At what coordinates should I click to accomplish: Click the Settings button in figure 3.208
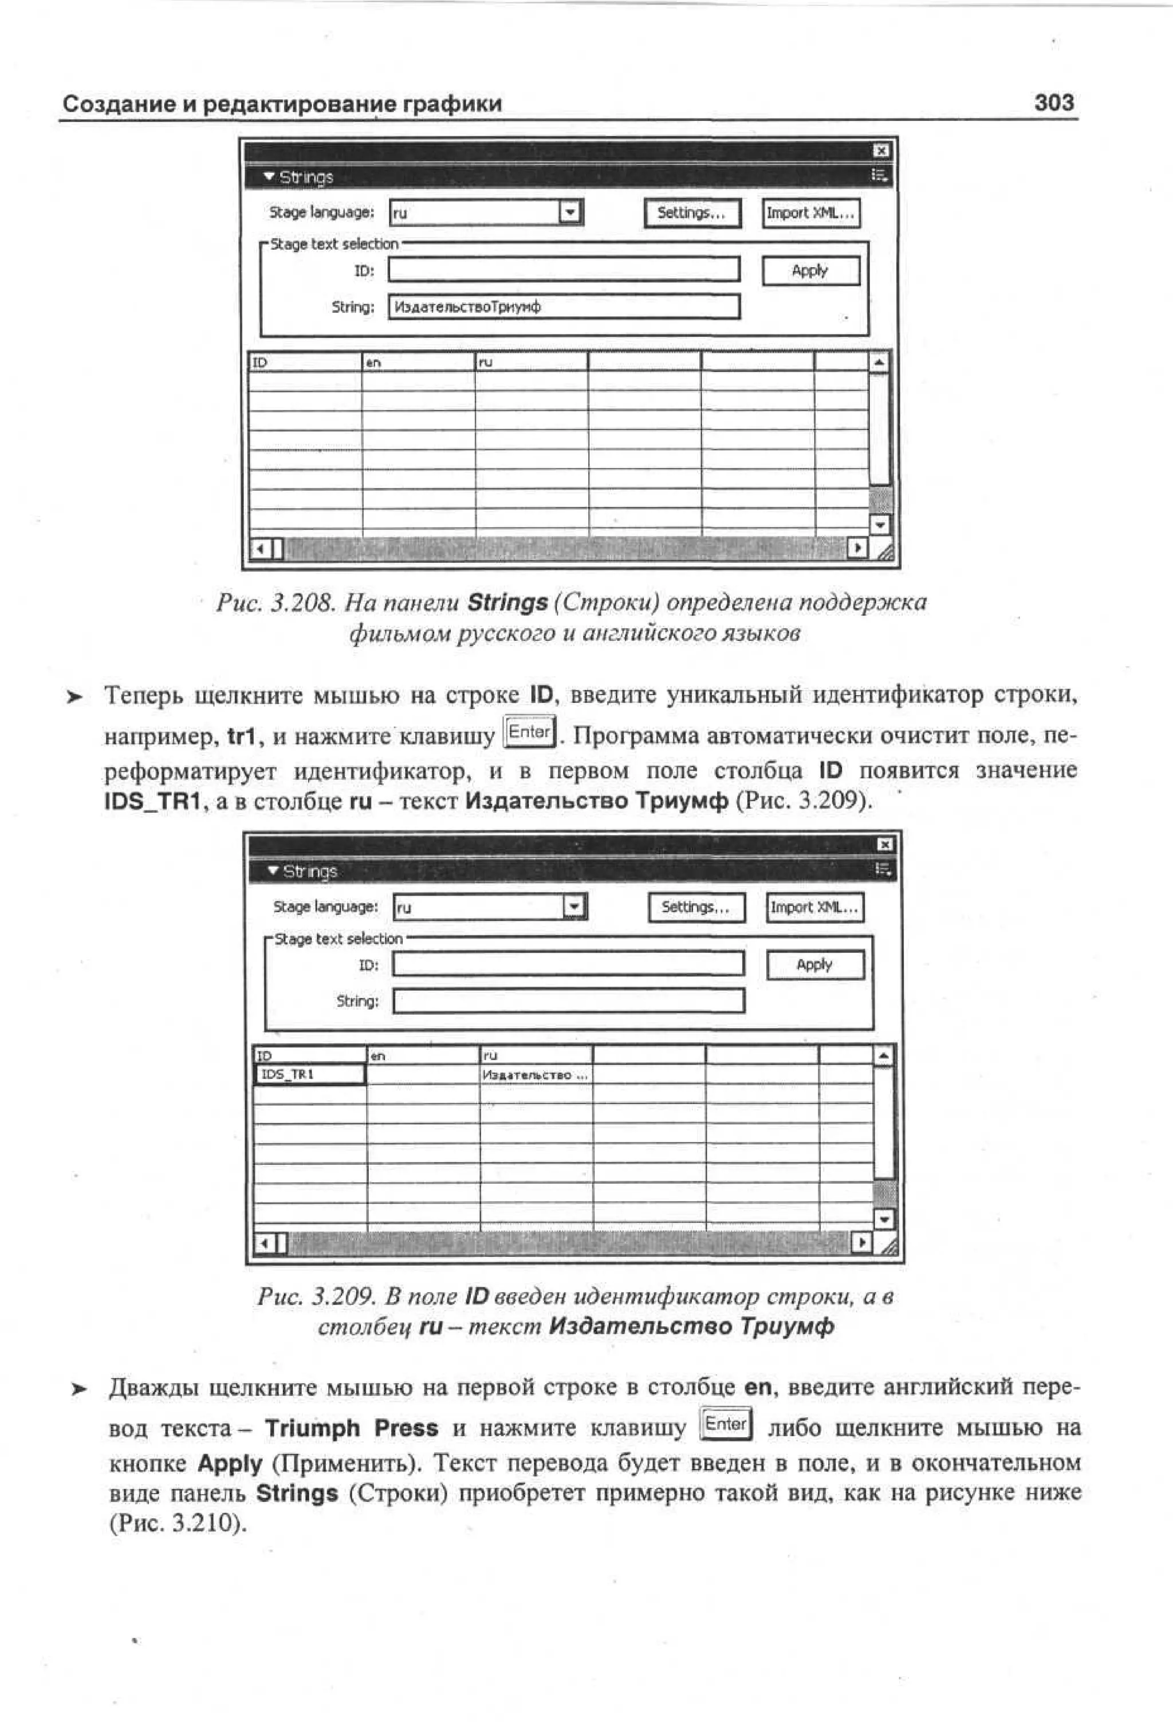point(692,214)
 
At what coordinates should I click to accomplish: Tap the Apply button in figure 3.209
point(815,965)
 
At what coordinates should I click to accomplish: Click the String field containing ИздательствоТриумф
point(563,307)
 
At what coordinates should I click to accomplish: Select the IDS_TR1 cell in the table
point(310,1074)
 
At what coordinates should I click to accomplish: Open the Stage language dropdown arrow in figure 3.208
point(570,214)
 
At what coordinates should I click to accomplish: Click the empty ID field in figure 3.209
point(568,964)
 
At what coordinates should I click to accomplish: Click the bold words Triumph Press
point(351,1428)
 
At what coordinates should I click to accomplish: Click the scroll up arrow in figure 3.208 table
point(879,363)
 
